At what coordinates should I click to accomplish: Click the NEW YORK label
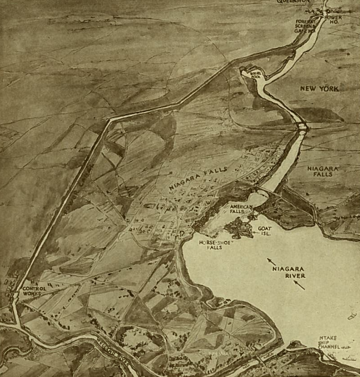tap(320, 89)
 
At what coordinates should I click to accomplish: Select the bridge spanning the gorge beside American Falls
tap(264, 191)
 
